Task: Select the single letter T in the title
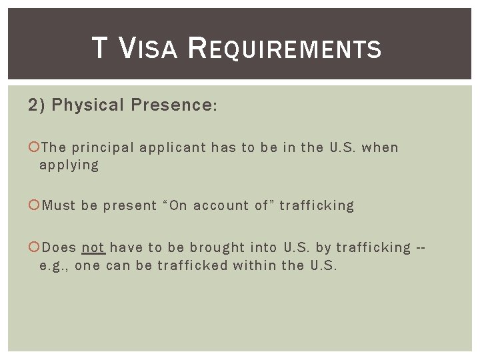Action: pyautogui.click(x=99, y=49)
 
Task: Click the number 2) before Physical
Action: pyautogui.click(x=36, y=105)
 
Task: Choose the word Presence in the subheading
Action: pyautogui.click(x=173, y=105)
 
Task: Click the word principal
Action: pyautogui.click(x=102, y=148)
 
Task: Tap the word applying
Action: pyautogui.click(x=69, y=165)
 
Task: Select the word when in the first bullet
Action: pyautogui.click(x=380, y=148)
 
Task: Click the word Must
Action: pyautogui.click(x=59, y=206)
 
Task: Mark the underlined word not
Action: pyautogui.click(x=93, y=248)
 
